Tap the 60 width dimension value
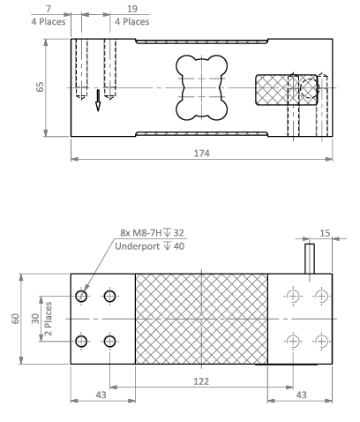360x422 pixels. point(15,318)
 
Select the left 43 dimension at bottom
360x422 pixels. point(101,395)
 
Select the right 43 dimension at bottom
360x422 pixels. point(301,395)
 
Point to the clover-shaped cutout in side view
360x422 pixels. point(201,88)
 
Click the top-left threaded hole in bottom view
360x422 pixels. point(82,296)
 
